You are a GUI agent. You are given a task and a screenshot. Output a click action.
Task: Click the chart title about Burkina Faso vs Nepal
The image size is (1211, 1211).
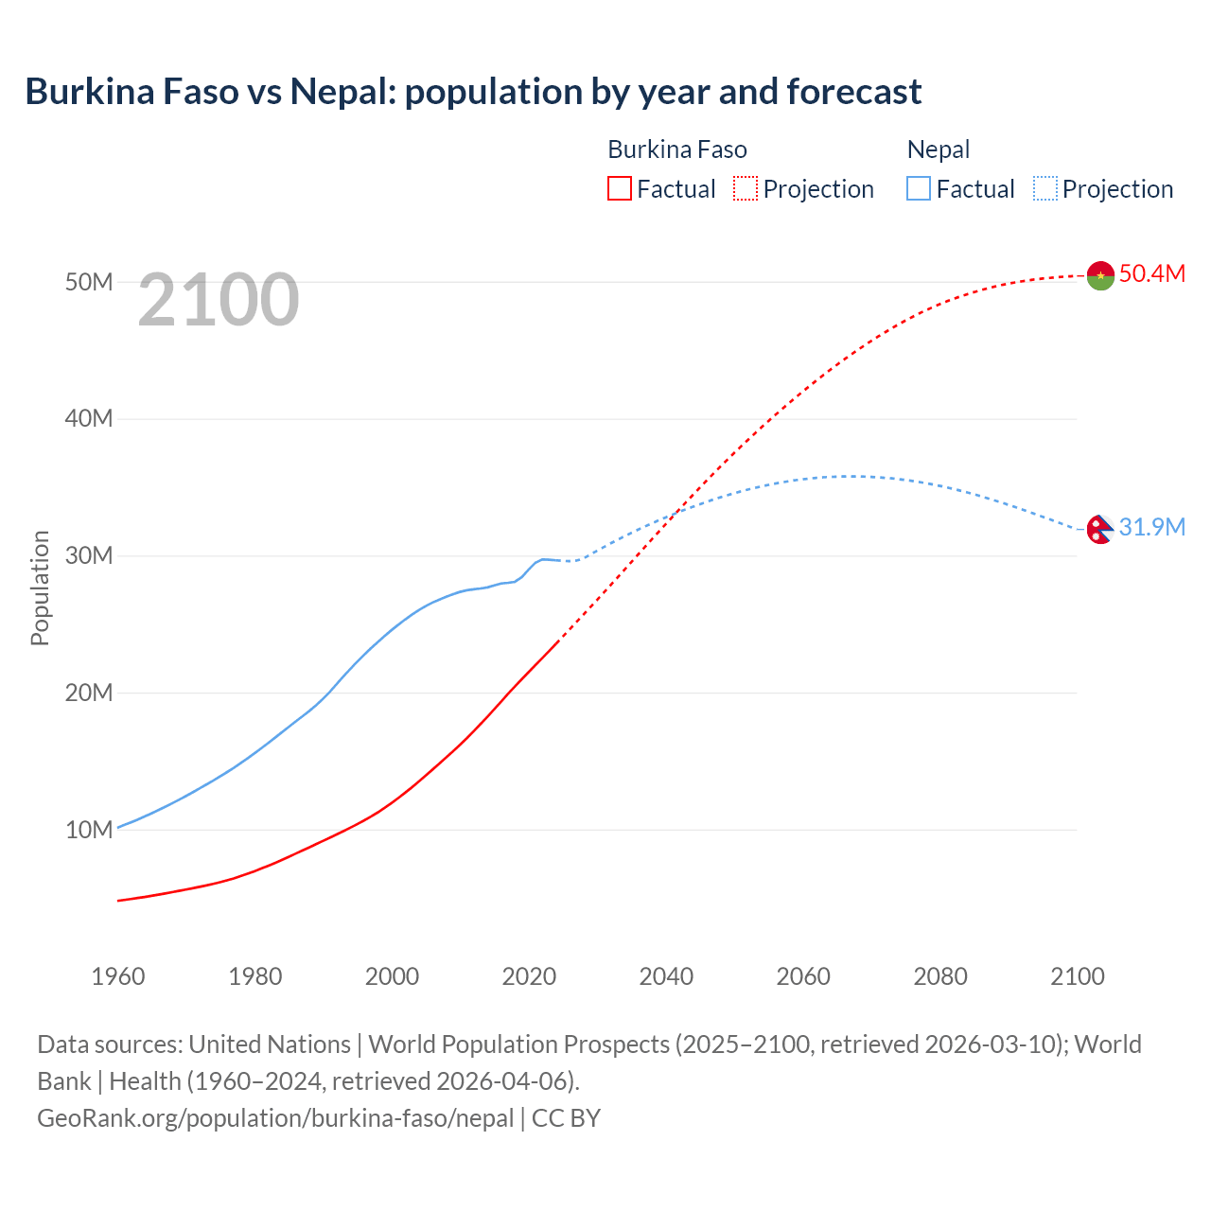click(473, 92)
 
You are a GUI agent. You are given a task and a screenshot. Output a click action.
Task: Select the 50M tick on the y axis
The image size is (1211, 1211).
click(89, 282)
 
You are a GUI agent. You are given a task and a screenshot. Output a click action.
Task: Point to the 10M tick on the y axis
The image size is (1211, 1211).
click(89, 830)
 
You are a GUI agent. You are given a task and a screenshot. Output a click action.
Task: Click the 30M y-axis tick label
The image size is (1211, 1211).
click(89, 555)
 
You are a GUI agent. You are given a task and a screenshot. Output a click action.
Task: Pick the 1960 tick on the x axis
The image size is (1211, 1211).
click(118, 976)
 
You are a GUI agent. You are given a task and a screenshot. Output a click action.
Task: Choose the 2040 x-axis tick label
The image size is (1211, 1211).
click(666, 976)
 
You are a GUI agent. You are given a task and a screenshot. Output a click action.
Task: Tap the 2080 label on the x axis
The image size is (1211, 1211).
click(940, 976)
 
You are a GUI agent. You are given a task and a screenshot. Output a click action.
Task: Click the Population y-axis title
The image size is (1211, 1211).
click(40, 588)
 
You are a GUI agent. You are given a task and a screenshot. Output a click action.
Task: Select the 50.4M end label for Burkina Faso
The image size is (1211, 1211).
click(1151, 274)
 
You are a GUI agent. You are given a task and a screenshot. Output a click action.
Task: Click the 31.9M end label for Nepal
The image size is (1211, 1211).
click(1151, 528)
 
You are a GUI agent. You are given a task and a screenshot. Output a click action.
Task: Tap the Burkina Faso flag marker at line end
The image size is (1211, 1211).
click(1100, 275)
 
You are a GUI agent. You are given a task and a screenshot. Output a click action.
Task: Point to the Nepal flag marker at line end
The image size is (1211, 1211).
click(1098, 529)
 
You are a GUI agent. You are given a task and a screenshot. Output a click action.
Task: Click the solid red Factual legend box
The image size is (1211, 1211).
click(619, 189)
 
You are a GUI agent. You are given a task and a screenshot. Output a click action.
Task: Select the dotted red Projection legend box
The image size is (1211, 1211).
click(746, 189)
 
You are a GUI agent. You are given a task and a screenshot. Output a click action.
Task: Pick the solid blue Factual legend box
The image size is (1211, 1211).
click(919, 189)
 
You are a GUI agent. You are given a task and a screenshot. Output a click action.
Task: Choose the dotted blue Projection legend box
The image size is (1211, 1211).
click(1045, 189)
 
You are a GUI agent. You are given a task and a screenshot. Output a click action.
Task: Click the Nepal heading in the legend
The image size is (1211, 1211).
click(939, 149)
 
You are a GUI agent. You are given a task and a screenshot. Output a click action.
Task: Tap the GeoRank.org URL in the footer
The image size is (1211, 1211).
click(275, 1118)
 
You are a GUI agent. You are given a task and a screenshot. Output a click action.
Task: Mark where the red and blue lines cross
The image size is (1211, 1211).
click(674, 513)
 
